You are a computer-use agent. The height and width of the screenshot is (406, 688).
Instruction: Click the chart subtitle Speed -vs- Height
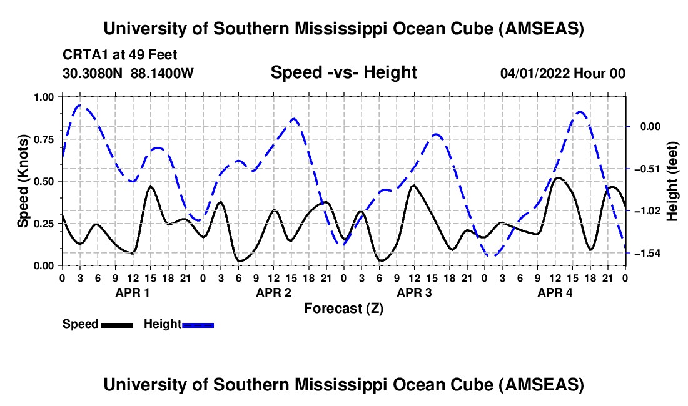click(343, 72)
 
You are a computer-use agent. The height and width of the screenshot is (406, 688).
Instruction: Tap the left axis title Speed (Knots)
click(23, 181)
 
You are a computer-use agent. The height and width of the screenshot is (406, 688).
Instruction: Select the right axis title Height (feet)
click(672, 181)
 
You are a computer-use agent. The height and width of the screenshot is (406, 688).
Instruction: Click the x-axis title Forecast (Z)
click(343, 308)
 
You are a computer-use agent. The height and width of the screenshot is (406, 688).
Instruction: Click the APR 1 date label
click(133, 292)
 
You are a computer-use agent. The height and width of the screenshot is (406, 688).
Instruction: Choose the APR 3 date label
click(414, 292)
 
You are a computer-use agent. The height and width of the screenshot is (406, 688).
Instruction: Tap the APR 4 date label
click(555, 292)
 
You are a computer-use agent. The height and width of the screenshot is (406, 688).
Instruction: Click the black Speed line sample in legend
click(116, 324)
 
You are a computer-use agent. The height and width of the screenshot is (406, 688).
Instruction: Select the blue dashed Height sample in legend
click(198, 324)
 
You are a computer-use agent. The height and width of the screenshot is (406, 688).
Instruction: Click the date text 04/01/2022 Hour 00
click(562, 73)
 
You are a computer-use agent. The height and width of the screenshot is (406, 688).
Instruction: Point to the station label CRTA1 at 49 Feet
click(111, 55)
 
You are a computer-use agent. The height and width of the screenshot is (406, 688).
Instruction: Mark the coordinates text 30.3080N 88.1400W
click(128, 73)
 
